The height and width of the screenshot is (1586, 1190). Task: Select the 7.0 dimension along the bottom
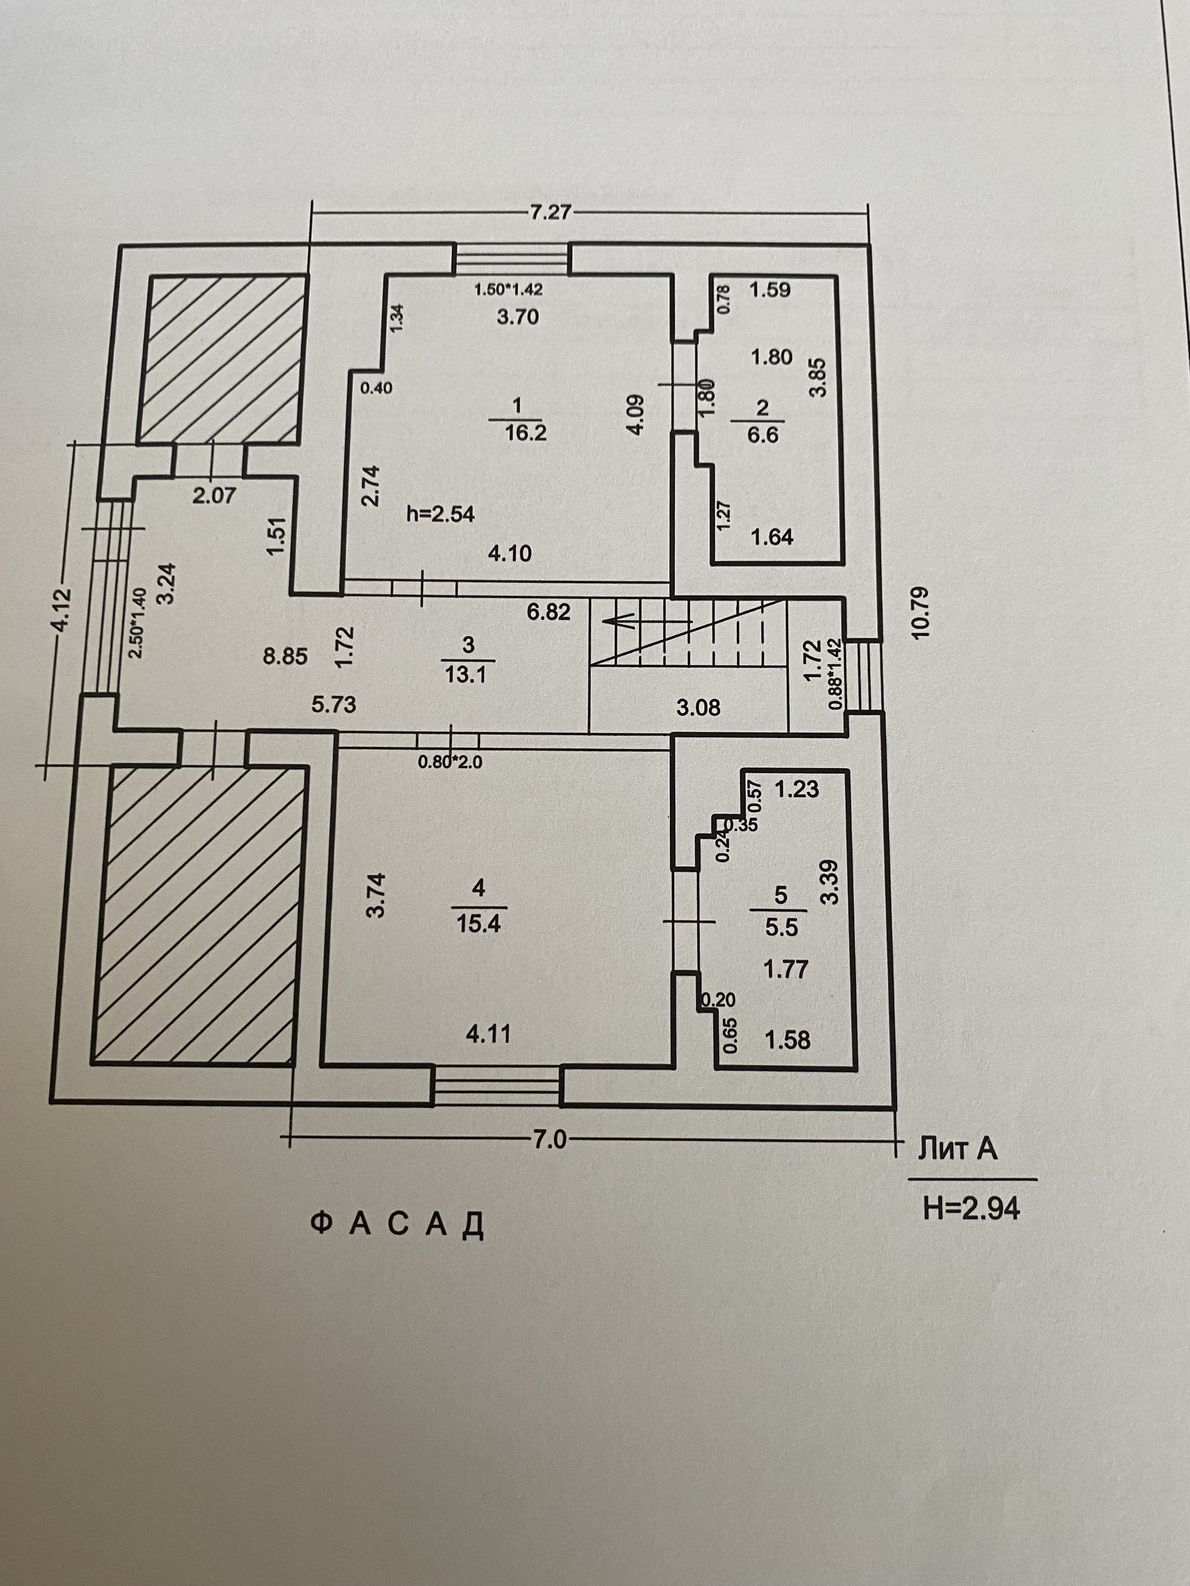coord(550,1139)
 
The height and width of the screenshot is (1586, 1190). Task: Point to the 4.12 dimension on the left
coord(63,610)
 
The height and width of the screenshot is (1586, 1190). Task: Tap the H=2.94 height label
coord(971,1209)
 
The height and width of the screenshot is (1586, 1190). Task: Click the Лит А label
coord(957,1149)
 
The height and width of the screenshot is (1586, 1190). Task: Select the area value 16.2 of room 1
coord(526,433)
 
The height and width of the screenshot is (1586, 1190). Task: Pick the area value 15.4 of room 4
coord(478,924)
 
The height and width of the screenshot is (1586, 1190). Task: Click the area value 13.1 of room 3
coord(466,674)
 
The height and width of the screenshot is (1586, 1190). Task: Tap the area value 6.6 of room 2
coord(762,434)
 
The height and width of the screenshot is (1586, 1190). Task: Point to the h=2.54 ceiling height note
coord(441,514)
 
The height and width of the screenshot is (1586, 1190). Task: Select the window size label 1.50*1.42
coord(509,290)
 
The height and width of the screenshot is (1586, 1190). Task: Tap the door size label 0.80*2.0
coord(450,763)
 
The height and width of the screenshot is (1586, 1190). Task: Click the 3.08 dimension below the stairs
coord(698,708)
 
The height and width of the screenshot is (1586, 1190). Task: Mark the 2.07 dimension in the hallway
coord(214,495)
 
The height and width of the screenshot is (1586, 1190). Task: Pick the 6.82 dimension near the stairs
coord(547,611)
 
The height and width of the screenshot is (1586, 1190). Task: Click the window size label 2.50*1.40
coord(138,623)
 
